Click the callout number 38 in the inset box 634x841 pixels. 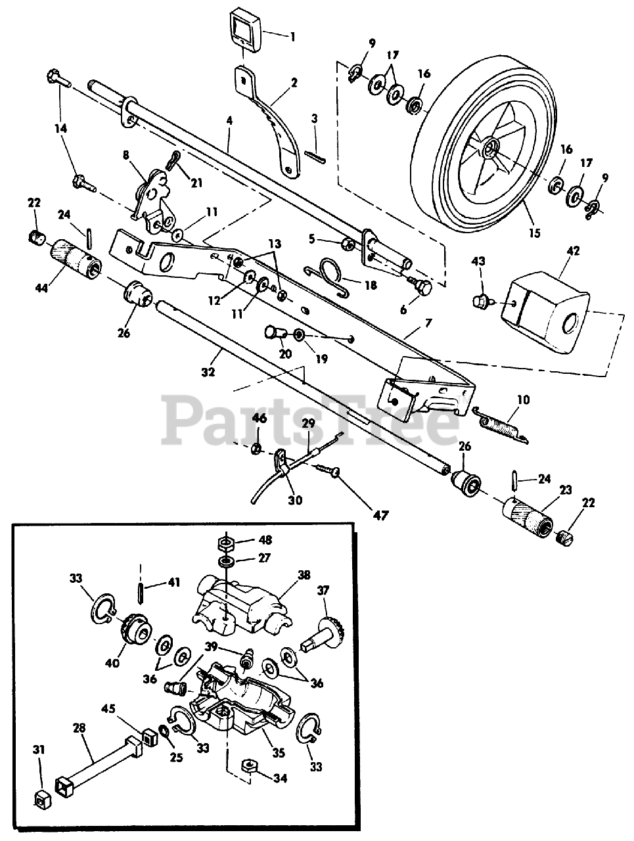click(x=304, y=574)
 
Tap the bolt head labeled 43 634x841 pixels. click(x=480, y=302)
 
